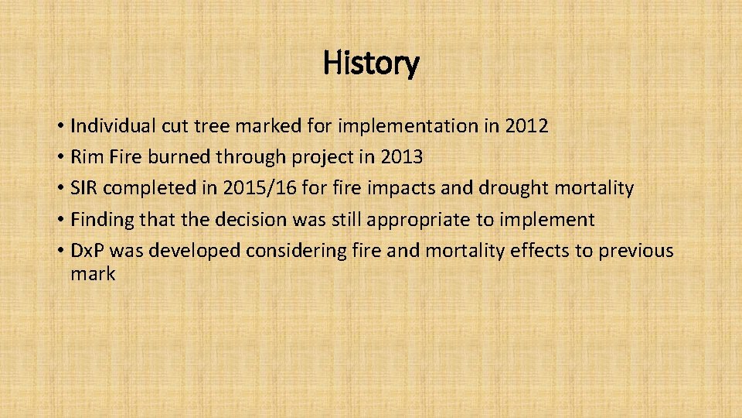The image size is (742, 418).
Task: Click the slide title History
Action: [371, 63]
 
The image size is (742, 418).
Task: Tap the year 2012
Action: [526, 126]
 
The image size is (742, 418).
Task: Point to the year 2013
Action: [401, 157]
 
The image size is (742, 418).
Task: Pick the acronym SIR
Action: [83, 188]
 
